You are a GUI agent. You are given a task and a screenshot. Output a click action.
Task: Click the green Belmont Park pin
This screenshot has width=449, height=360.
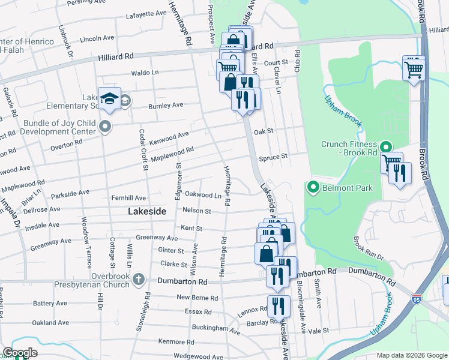313,188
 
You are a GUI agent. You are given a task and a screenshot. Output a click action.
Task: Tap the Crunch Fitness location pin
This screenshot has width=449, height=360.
385,146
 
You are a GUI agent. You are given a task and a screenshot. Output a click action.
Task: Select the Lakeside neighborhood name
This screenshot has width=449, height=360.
146,211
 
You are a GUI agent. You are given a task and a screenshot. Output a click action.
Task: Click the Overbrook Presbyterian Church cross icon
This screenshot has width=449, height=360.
139,279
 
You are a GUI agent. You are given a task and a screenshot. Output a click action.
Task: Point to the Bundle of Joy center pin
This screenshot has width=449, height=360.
106,126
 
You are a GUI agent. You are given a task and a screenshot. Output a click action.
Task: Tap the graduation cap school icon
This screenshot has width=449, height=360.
110,99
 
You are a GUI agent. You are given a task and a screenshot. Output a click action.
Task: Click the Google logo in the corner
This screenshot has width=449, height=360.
19,352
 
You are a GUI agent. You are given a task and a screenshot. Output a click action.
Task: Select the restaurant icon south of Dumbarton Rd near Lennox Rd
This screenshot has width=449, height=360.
277,306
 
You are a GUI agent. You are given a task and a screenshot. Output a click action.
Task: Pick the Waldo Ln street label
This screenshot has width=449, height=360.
145,73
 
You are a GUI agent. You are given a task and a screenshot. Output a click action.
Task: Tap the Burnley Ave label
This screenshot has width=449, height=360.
166,106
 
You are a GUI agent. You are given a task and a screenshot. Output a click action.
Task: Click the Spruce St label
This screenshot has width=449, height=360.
273,157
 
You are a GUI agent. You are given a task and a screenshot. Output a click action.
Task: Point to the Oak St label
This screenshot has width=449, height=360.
263,130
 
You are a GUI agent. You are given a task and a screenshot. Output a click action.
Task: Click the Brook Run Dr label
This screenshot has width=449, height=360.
368,248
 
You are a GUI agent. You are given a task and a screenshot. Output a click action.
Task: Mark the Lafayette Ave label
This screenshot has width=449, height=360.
146,13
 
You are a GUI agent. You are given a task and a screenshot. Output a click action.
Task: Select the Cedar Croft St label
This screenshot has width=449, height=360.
143,150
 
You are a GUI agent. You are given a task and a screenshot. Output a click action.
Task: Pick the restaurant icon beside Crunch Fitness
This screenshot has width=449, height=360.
400,173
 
